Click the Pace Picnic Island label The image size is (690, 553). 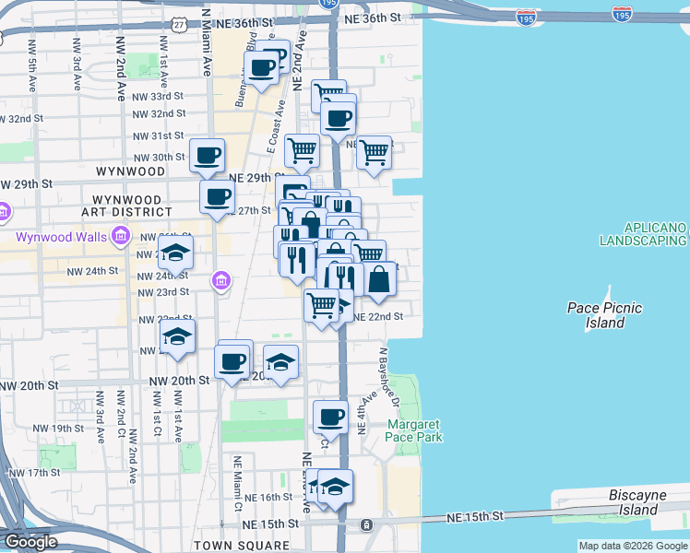point(605,315)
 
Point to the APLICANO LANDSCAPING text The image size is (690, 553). point(643,234)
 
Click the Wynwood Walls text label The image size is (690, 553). point(62,238)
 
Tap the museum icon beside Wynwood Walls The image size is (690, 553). point(120,238)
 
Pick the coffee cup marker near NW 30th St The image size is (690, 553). point(207,154)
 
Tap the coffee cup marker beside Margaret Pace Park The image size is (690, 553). point(330,416)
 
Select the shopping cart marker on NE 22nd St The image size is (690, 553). point(321,304)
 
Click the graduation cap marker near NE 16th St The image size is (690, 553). point(335,486)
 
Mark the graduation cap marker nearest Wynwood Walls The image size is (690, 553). point(175,252)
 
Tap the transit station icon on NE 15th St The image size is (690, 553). point(366,525)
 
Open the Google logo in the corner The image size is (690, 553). point(30,542)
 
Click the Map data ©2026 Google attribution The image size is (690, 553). point(633,546)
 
